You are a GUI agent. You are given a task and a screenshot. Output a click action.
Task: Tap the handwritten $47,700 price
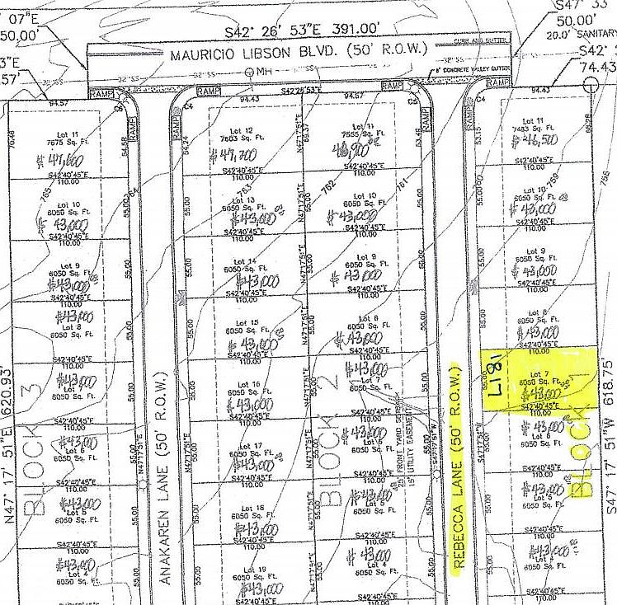(238, 155)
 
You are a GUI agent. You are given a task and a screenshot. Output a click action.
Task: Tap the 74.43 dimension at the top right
(599, 66)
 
